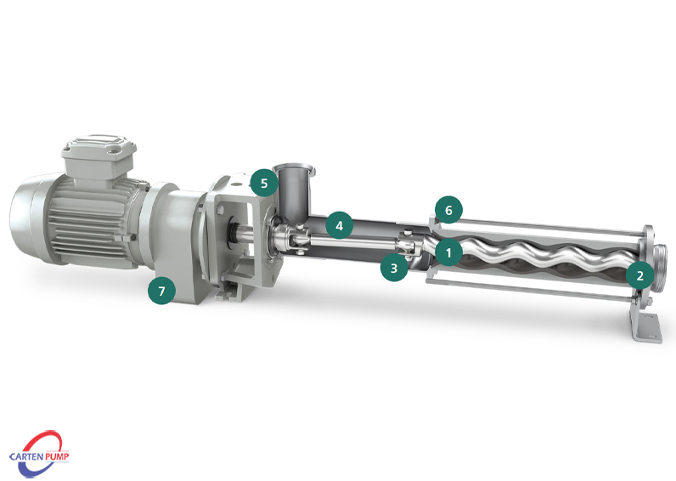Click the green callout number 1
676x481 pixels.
(448, 252)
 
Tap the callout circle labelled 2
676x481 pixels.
(639, 275)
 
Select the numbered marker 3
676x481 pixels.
(394, 268)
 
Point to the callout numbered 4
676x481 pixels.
(340, 225)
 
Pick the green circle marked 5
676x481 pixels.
(264, 183)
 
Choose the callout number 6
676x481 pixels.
(448, 210)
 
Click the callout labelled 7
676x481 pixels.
(161, 291)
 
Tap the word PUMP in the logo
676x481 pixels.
(57, 456)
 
